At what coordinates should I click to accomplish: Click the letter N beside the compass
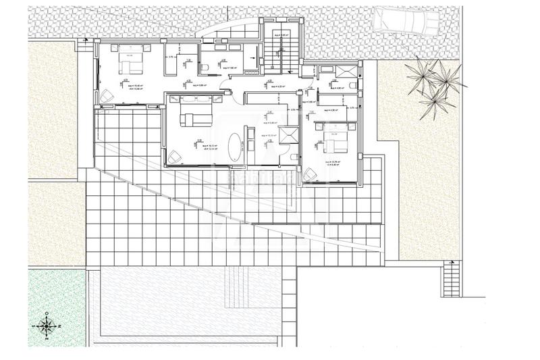[58, 326]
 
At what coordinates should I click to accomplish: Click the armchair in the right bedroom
[311, 174]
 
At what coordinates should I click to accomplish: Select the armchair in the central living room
[174, 156]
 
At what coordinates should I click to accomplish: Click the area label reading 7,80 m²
[230, 68]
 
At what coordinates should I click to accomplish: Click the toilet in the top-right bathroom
[353, 86]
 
